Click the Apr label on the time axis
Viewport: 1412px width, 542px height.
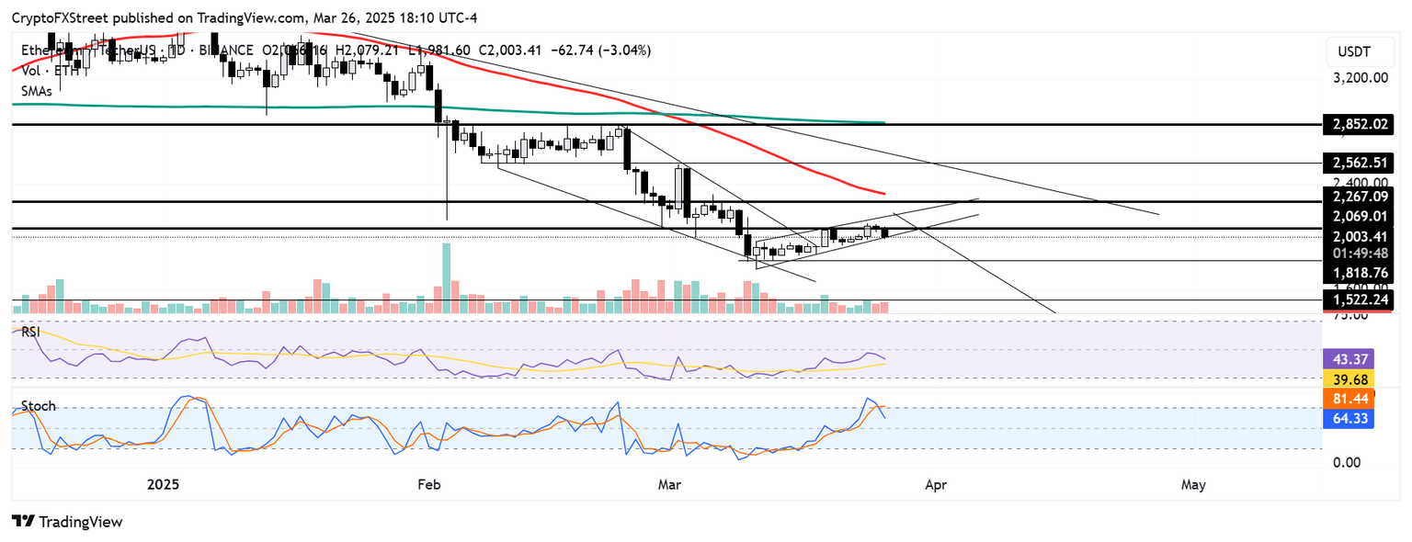936,484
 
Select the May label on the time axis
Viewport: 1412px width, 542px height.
1193,484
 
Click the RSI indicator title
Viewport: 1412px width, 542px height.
31,332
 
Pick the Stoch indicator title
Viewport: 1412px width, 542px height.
39,405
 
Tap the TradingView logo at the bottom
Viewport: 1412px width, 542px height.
67,522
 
